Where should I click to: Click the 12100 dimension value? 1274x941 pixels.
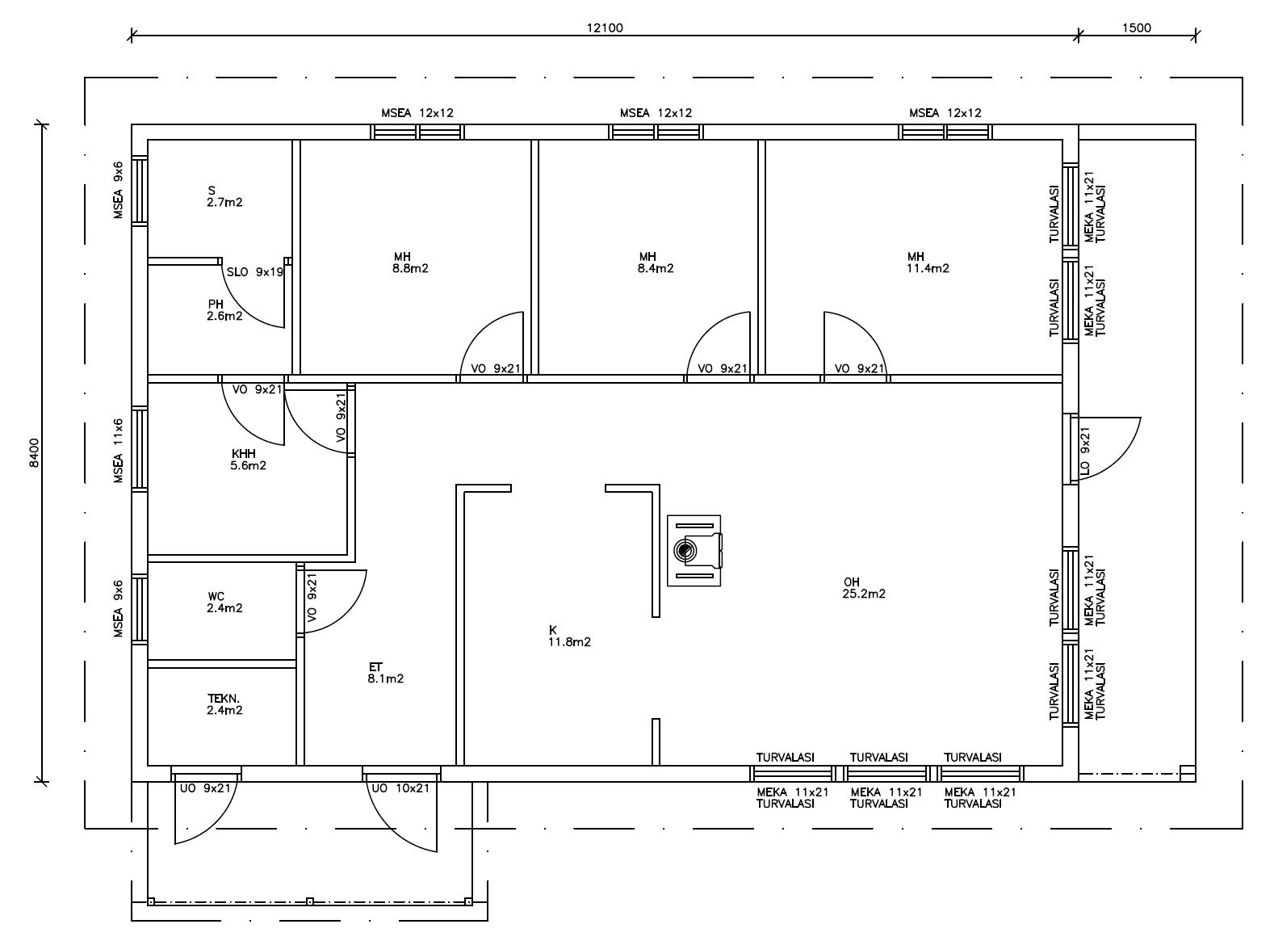[x=604, y=27]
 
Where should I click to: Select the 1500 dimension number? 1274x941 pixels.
[x=1137, y=27]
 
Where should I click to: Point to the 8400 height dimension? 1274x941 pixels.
[x=35, y=453]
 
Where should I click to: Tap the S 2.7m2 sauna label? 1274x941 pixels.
[x=224, y=196]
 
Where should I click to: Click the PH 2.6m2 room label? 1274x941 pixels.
[x=224, y=310]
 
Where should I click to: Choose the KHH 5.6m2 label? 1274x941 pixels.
[x=248, y=460]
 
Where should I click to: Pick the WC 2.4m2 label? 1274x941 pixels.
[x=224, y=602]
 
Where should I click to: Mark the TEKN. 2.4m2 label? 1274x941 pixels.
[x=224, y=704]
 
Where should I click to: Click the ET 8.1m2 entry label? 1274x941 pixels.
[x=385, y=673]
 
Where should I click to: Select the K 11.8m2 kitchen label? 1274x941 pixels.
[x=569, y=636]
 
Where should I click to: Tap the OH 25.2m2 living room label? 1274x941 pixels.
[x=864, y=587]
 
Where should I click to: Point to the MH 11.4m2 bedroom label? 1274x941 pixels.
[x=928, y=263]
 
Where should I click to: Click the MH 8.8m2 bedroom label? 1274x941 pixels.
[x=410, y=263]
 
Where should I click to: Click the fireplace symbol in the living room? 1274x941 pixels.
[x=694, y=551]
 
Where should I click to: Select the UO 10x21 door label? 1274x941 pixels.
[x=400, y=788]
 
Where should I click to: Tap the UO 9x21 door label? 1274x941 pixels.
[x=205, y=788]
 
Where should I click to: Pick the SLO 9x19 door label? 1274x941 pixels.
[x=255, y=272]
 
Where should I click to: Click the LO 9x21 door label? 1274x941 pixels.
[x=1085, y=451]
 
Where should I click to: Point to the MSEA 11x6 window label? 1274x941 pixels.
[x=119, y=451]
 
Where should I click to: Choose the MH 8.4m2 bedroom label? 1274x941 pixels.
[x=656, y=263]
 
